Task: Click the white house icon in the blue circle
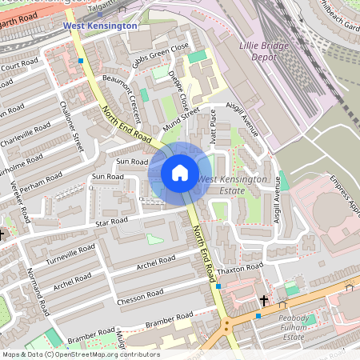pyautogui.click(x=180, y=173)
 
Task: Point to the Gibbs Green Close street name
pyautogui.click(x=161, y=54)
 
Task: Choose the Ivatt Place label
pyautogui.click(x=213, y=122)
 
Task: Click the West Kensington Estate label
pyautogui.click(x=232, y=185)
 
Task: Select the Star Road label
pyautogui.click(x=110, y=222)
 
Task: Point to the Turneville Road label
pyautogui.click(x=70, y=253)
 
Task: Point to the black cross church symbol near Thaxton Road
pyautogui.click(x=264, y=301)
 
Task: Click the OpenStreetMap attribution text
pyautogui.click(x=80, y=354)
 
